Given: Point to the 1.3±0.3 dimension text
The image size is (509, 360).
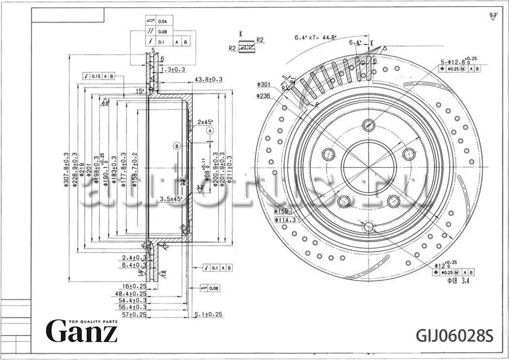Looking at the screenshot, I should pos(173,69).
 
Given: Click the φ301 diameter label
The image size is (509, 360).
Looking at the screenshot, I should pos(264,85).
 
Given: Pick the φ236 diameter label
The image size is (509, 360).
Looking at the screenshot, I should pos(264,96).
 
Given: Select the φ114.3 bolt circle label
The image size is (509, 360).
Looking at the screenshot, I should pos(286,220).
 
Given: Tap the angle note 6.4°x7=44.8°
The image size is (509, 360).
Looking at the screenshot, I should pos(316,38).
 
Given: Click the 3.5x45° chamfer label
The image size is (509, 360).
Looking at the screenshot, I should pos(170,199).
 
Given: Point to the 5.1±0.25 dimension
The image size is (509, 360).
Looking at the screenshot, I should pos(208,314).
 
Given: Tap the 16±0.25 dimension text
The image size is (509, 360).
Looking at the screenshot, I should pos(134,287).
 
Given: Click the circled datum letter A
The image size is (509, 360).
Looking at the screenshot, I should pos(210,130).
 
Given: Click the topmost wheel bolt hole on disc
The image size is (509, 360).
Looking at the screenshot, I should pos(369,125).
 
